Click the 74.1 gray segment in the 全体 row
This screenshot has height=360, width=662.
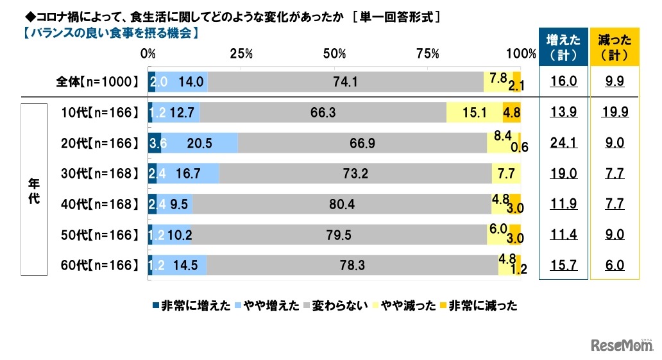coord(345,81)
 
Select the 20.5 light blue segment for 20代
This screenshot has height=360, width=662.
coord(197,143)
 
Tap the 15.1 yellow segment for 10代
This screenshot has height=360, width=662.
coord(474,112)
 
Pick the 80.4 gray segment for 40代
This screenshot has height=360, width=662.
coord(341,204)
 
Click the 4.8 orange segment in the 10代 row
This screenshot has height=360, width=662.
coord(511,112)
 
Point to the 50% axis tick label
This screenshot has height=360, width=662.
coord(335,54)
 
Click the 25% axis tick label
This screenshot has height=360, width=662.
coord(241,54)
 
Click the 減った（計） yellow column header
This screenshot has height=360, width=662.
coord(615,47)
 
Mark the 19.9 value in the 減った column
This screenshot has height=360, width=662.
coord(615,112)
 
